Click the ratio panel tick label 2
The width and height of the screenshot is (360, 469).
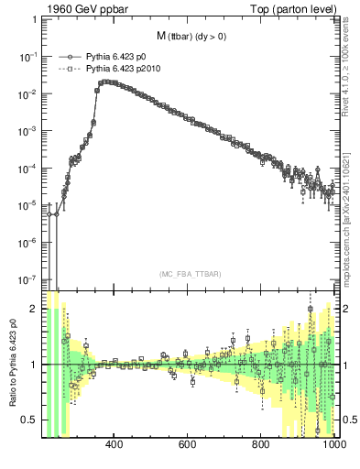coord(34,310)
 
